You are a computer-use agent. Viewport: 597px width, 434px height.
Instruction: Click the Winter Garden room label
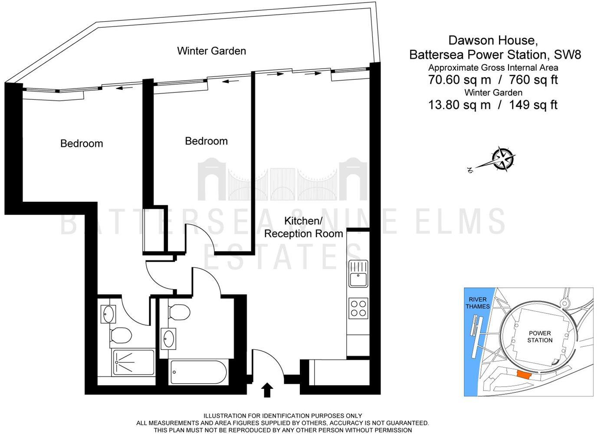click(211, 51)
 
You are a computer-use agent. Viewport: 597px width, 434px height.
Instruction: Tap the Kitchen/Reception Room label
click(303, 227)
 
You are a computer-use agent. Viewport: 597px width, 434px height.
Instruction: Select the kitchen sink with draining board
click(358, 274)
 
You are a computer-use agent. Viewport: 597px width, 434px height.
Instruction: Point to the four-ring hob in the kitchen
click(358, 309)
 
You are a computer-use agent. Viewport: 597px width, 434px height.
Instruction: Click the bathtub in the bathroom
click(198, 372)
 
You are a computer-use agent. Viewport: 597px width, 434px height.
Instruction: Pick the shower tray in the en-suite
click(133, 362)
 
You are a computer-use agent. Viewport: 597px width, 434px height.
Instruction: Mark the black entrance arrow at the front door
click(267, 390)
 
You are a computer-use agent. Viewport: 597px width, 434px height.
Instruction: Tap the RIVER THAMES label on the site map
click(477, 303)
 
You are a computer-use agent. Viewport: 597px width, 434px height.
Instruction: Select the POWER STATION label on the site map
click(540, 336)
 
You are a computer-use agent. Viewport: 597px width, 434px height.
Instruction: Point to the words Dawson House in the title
click(493, 40)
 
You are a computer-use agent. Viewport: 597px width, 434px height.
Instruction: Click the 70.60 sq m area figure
click(459, 80)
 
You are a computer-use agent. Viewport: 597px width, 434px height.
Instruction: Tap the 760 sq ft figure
click(533, 80)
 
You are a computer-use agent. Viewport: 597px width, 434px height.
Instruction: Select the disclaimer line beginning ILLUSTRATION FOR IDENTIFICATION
click(282, 416)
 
